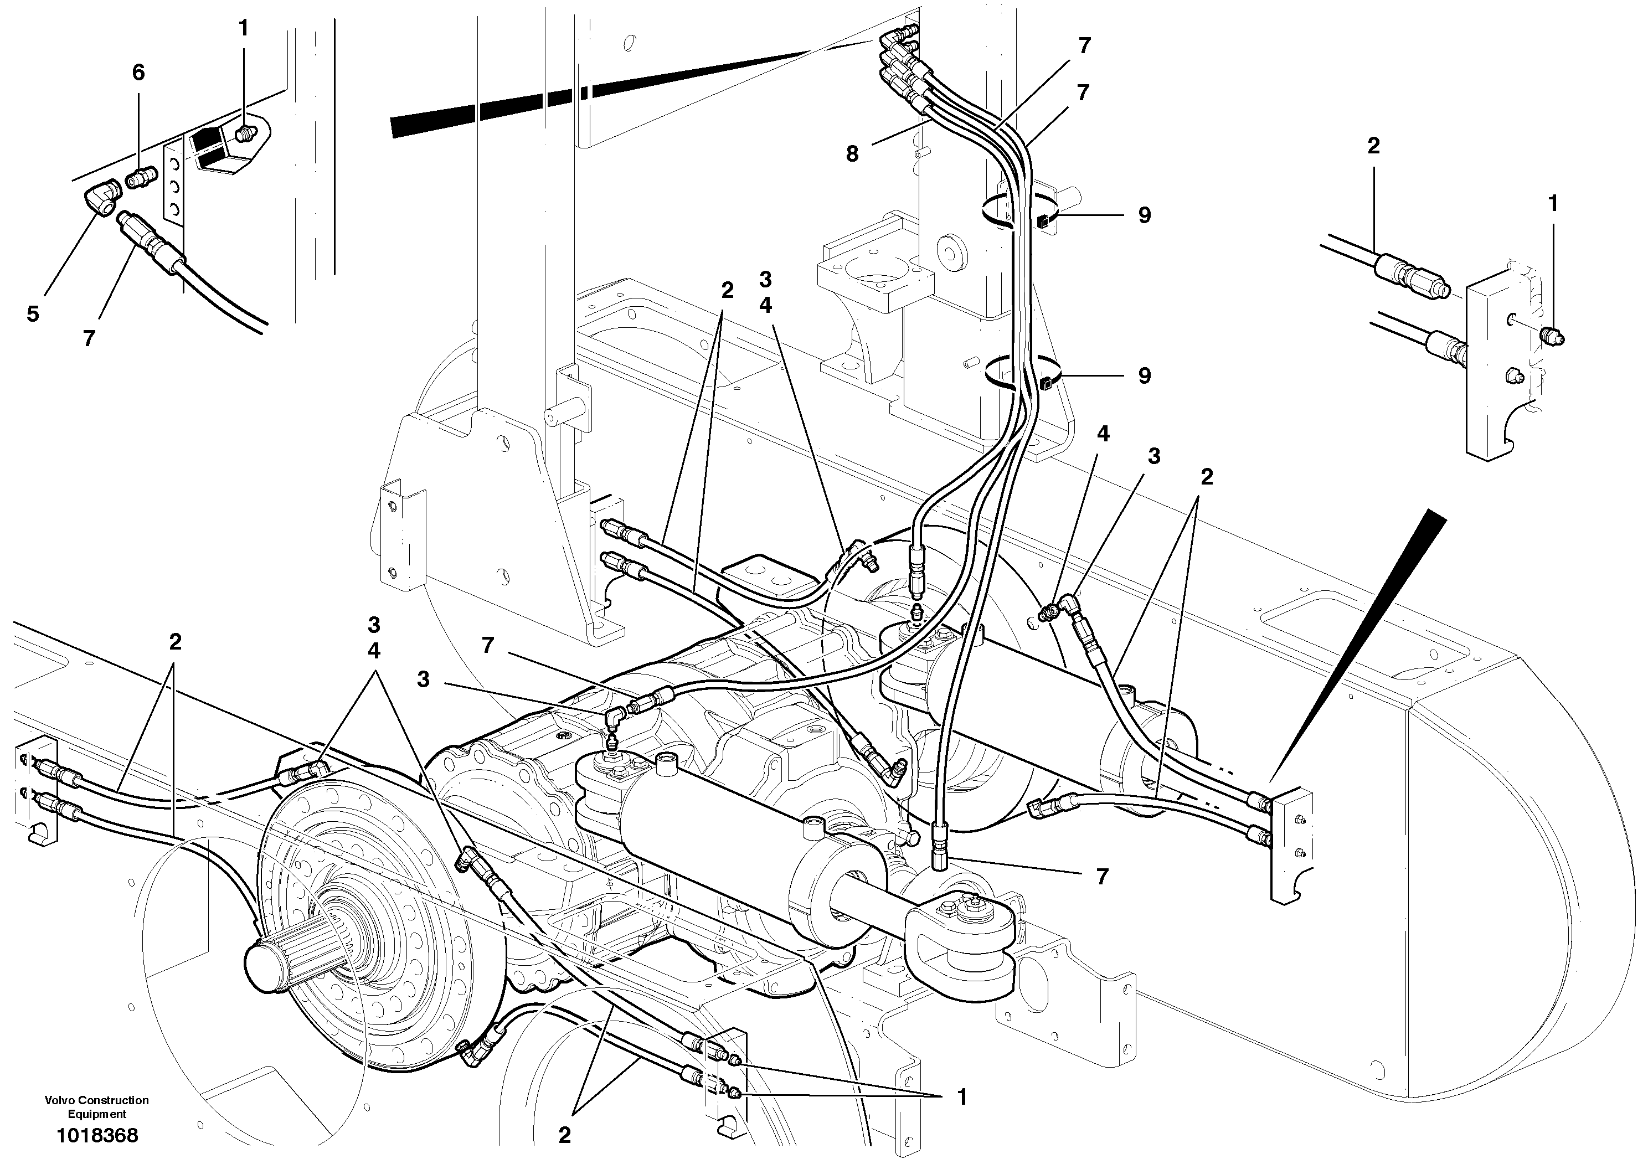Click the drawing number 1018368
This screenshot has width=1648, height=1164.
pos(97,1135)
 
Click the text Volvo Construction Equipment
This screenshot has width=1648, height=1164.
pos(97,1106)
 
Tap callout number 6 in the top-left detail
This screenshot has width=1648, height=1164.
pos(138,72)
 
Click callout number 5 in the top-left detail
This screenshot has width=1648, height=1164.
pos(33,315)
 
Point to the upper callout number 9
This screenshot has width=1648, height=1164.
pos(1144,215)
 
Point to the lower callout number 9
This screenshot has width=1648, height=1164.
pos(1144,376)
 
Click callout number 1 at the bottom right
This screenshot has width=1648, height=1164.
pos(962,1097)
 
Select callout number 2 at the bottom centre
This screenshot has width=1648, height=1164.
pos(564,1135)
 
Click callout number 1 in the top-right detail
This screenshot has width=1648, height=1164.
pos(1553,204)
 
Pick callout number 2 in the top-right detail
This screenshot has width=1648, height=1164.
pos(1373,146)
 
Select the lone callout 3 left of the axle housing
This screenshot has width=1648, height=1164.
pos(424,679)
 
